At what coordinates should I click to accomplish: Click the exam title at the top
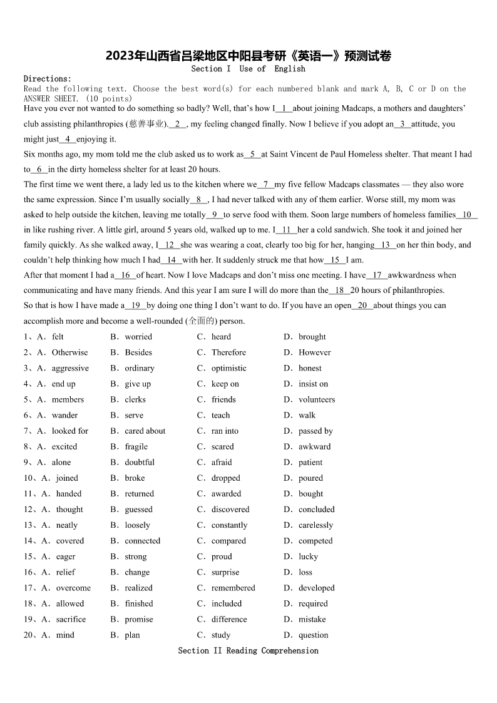pos(248,56)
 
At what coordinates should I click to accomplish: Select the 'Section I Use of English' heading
pos(248,69)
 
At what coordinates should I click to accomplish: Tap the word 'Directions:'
pos(48,79)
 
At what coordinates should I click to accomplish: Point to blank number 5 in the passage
pos(252,154)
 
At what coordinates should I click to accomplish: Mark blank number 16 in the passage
pos(125,275)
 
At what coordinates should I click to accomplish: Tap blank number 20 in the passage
pos(362,305)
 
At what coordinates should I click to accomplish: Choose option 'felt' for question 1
pos(58,337)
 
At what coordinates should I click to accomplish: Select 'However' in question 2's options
pos(314,352)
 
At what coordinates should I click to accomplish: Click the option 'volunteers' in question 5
pos(316,399)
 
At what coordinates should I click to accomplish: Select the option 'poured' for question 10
pos(310,478)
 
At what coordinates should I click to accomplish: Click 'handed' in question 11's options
pos(69,493)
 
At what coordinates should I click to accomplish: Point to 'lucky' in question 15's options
pos(308,557)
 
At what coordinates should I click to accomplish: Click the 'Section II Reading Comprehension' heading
pos(248,650)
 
